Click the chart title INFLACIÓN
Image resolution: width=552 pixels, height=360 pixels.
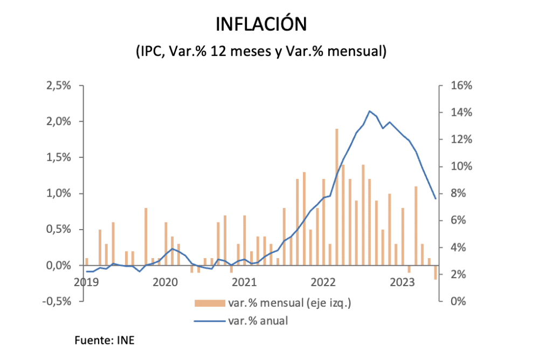[261, 24]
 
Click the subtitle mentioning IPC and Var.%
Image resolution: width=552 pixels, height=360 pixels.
[261, 52]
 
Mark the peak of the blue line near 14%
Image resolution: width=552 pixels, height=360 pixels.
[369, 111]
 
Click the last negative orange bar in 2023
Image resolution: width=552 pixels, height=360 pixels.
[436, 273]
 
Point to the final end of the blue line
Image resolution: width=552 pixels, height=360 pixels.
[436, 199]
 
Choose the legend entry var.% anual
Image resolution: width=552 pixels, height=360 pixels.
[258, 321]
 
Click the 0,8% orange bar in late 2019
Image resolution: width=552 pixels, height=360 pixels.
[146, 236]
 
